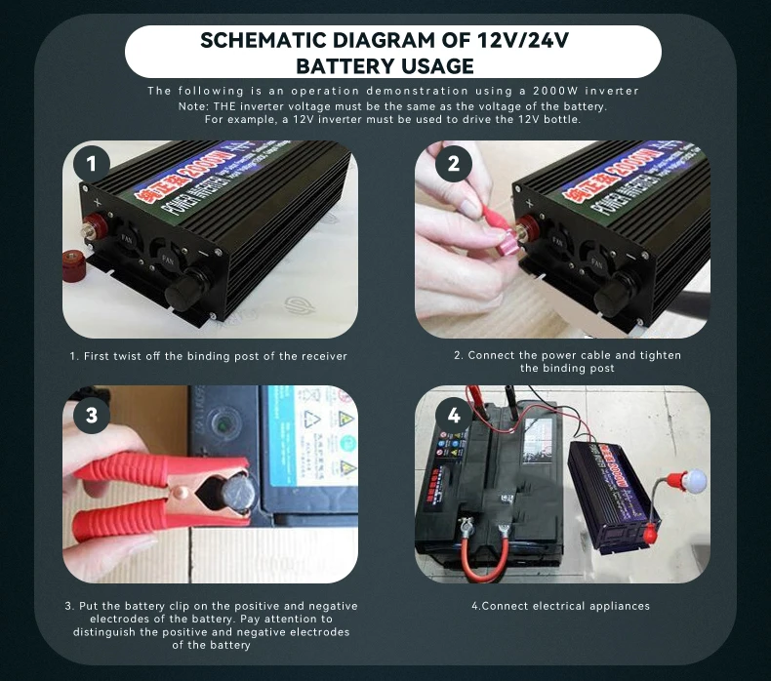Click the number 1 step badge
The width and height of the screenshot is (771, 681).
92,164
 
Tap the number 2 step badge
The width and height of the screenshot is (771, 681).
453,164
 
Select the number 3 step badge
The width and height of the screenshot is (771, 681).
92,416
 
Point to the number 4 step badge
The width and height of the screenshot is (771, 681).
453,416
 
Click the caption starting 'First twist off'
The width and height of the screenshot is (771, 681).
208,356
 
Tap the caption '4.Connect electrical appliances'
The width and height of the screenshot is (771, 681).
560,606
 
